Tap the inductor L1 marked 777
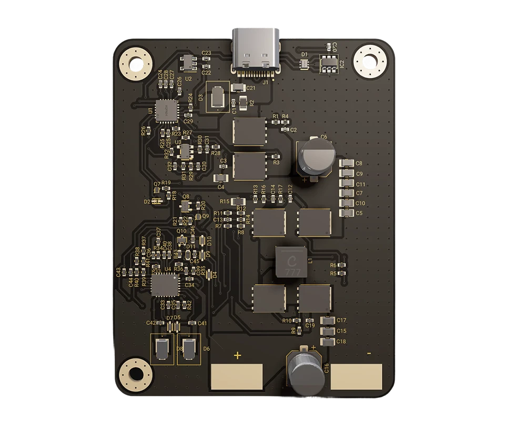290,261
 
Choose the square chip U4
165,285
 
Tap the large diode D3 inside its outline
217,98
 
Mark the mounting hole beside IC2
371,61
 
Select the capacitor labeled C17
327,320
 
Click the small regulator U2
187,64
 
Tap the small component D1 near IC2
304,64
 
